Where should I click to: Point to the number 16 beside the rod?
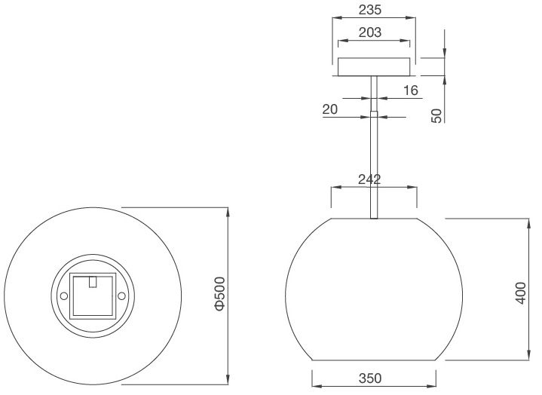coord(410,90)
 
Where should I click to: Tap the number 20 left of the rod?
coord(329,109)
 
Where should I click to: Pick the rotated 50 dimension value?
coord(436,115)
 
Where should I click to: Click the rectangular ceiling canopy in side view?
coord(374,67)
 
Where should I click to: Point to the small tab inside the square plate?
coord(93,282)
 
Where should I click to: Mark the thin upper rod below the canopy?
coord(374,94)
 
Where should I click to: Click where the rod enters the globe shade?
coord(374,217)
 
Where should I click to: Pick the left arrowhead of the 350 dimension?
coord(315,385)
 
